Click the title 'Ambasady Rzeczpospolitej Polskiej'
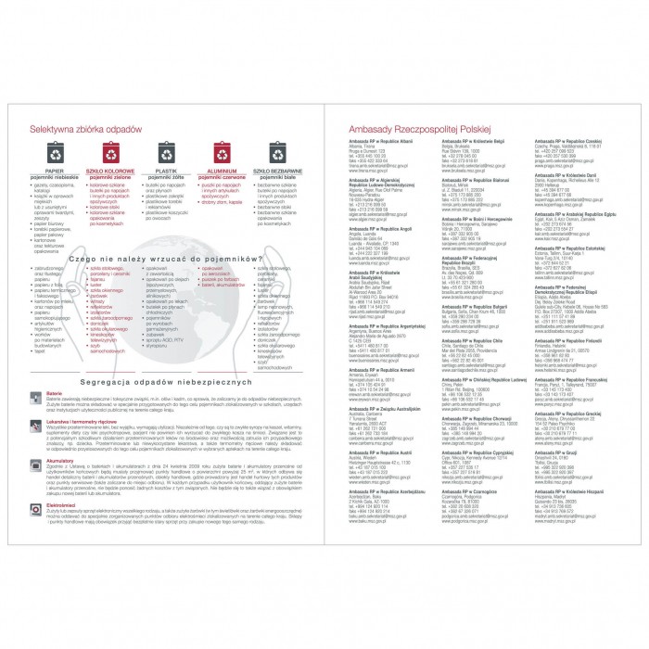coord(422,132)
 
